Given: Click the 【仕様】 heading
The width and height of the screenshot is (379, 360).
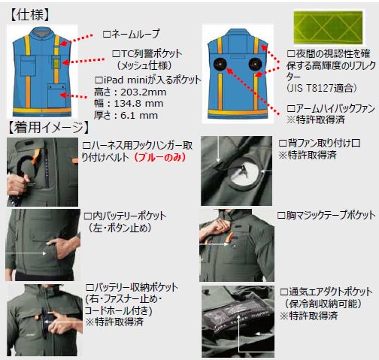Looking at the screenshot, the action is pyautogui.click(x=30, y=15).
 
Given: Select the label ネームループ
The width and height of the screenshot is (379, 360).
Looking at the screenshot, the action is pyautogui.click(x=135, y=34).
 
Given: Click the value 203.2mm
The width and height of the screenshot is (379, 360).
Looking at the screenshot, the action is pyautogui.click(x=144, y=92).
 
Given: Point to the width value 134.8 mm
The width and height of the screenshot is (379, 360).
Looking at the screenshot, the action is pyautogui.click(x=138, y=103).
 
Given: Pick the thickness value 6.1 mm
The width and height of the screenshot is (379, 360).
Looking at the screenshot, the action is pyautogui.click(x=139, y=115).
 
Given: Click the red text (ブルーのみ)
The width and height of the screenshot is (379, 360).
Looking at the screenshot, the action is pyautogui.click(x=159, y=157).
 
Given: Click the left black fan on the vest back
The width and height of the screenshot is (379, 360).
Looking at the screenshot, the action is pyautogui.click(x=220, y=64).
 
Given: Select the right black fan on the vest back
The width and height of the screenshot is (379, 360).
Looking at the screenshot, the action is pyautogui.click(x=255, y=64).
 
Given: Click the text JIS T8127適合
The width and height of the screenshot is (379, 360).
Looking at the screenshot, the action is pyautogui.click(x=321, y=88).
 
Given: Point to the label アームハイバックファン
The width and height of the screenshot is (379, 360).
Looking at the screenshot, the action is pyautogui.click(x=335, y=108).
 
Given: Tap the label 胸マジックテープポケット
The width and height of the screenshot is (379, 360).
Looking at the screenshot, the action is pyautogui.click(x=331, y=215).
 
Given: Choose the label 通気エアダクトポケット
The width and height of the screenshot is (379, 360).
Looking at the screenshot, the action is pyautogui.click(x=331, y=292).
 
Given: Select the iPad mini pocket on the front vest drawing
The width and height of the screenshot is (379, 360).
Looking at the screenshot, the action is pyautogui.click(x=56, y=95).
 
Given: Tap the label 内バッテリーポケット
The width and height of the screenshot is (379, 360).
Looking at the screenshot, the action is pyautogui.click(x=129, y=216).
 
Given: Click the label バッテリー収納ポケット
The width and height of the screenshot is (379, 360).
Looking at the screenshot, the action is pyautogui.click(x=135, y=287).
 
